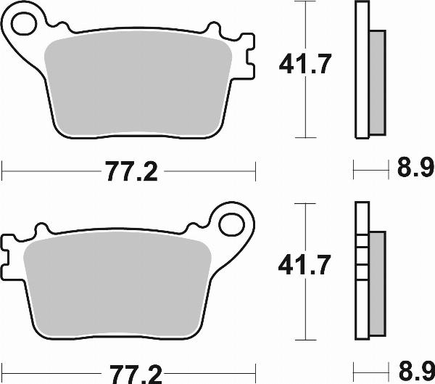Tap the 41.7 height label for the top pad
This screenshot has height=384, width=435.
[306, 66]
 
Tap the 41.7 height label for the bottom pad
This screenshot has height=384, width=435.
[306, 266]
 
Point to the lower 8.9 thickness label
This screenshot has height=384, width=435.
[415, 371]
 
